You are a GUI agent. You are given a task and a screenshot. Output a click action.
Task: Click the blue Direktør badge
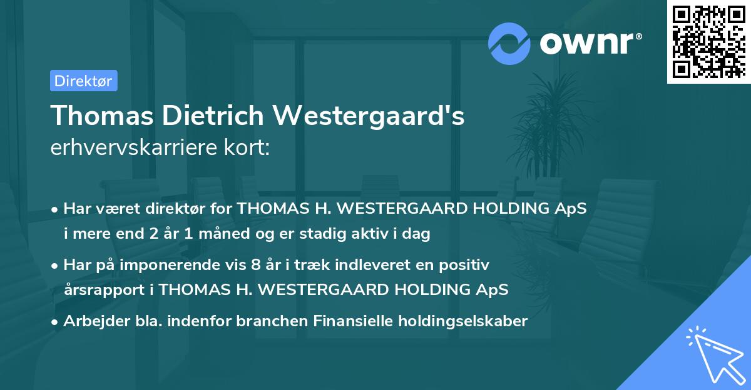pos(83,81)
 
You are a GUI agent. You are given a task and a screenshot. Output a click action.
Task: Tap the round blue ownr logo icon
pos(509,44)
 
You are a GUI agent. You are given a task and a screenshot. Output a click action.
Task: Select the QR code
pos(708,41)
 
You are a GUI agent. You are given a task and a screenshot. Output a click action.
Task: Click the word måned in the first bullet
pos(243,234)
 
